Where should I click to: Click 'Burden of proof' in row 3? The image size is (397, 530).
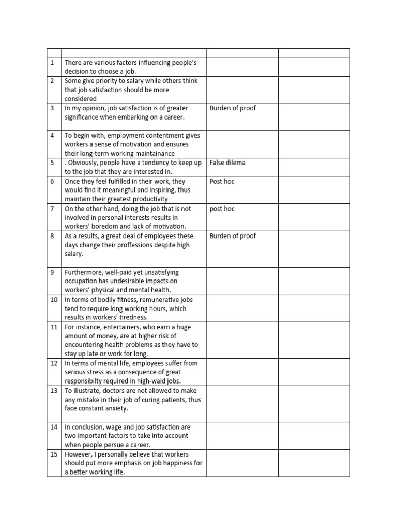[x=233, y=108]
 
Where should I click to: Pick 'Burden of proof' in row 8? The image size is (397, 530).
[x=233, y=236]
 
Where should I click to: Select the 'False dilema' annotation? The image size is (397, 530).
[x=227, y=163]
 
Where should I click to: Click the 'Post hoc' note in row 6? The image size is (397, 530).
[x=222, y=182]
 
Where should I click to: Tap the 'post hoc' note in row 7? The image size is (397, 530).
[x=222, y=209]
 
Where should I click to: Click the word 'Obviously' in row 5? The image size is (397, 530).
[x=84, y=163]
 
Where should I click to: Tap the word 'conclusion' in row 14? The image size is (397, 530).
[x=90, y=427]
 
